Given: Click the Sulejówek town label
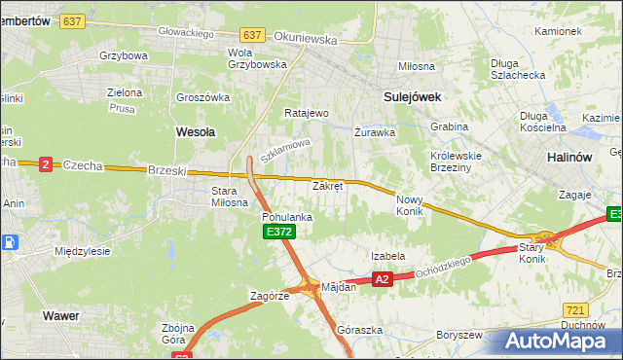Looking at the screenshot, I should point(413,96).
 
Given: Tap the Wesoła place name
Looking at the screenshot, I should point(195,129).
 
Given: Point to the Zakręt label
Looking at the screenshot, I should point(327,185).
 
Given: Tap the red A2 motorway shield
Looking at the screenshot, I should point(382,279).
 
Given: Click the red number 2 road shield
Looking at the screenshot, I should point(45,164).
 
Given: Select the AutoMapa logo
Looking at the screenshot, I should point(555,342).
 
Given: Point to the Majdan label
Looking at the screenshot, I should point(340,287).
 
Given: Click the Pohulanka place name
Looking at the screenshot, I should point(286,217).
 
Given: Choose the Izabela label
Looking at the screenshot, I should point(387,256).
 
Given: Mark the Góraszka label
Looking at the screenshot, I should point(355,330).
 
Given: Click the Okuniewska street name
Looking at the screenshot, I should point(306,41).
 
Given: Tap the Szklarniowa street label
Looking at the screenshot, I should point(284,150).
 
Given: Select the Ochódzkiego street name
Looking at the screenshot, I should point(444,267).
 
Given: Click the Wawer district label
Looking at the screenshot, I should point(60,315).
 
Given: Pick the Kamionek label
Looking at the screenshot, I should point(558,31).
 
